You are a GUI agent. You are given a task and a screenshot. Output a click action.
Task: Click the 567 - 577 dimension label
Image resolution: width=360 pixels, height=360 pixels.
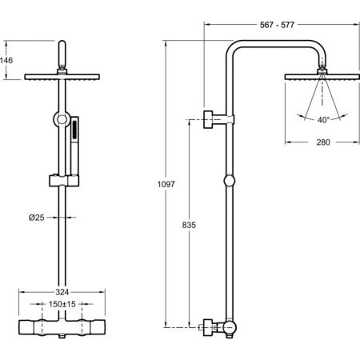(x=277, y=25)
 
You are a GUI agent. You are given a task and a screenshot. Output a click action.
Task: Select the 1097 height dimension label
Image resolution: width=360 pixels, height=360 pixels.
(x=166, y=184)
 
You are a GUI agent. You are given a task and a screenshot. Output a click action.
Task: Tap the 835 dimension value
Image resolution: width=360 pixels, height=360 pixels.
(x=189, y=225)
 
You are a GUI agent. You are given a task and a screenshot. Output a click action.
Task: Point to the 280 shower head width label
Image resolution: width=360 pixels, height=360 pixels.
(x=323, y=142)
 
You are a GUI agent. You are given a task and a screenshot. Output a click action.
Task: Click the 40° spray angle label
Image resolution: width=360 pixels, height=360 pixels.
(x=324, y=120)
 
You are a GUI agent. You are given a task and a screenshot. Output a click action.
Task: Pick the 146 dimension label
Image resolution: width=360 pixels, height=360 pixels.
(x=6, y=60)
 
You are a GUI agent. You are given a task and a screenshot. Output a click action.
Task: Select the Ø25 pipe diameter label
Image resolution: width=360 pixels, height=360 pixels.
(x=37, y=218)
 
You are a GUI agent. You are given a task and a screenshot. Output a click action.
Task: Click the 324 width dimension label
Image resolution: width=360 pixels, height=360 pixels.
(x=62, y=292)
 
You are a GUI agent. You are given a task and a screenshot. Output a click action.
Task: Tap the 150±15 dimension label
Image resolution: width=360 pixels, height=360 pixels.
(x=62, y=304)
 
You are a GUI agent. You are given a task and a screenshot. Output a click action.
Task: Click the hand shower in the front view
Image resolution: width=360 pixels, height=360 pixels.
(x=74, y=146)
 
